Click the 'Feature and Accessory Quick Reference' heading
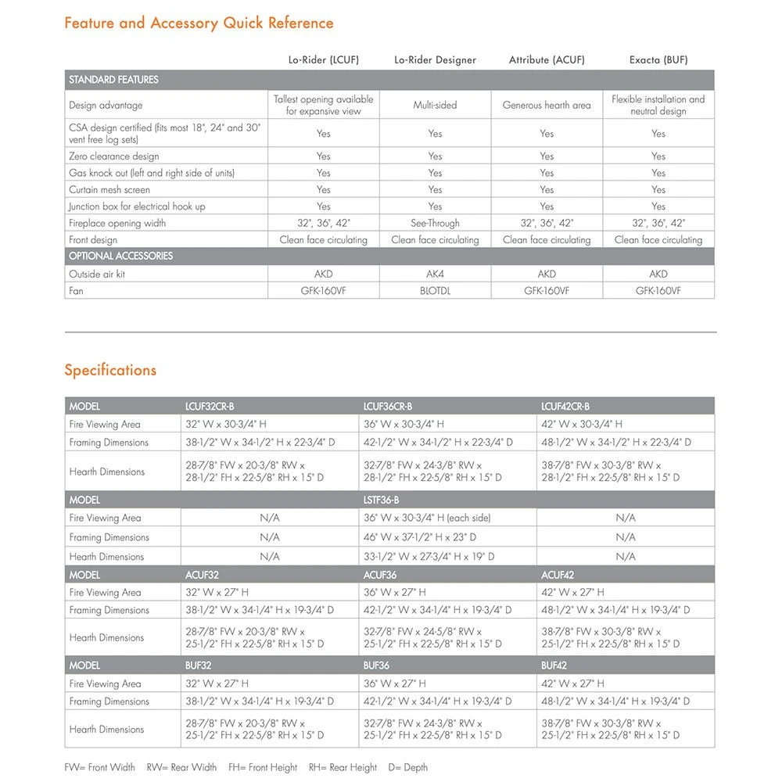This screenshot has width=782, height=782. (x=199, y=23)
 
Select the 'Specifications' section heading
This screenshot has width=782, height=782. (x=110, y=370)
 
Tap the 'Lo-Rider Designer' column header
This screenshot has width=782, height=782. (x=435, y=59)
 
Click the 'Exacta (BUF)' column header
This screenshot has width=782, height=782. (x=658, y=59)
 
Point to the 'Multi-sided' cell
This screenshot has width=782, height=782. (x=435, y=105)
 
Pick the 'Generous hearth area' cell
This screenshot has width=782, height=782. (x=547, y=105)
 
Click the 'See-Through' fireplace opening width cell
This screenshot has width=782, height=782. (x=435, y=223)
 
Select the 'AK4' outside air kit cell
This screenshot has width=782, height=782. (x=435, y=274)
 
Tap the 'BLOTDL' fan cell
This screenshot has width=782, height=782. (x=435, y=291)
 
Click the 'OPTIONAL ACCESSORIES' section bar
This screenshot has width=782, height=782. (x=120, y=256)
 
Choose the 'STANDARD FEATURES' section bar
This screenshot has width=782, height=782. (x=113, y=80)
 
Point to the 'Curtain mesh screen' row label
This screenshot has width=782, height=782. (x=109, y=189)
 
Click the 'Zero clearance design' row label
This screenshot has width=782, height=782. (x=113, y=156)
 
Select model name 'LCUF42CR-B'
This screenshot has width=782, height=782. (x=565, y=407)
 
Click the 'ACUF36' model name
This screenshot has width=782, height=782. (x=380, y=575)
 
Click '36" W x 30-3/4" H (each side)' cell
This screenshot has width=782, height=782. (x=427, y=518)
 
